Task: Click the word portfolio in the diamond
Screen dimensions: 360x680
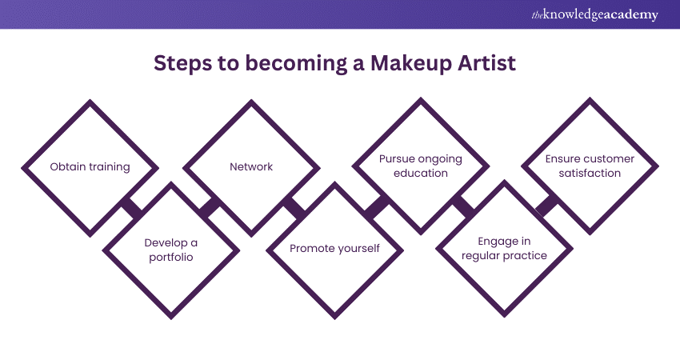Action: [x=170, y=256]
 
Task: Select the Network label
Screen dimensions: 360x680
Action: [x=251, y=167]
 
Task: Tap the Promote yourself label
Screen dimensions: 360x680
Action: [x=334, y=249]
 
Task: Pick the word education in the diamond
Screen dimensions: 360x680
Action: [x=421, y=173]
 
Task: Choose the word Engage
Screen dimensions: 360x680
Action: [x=502, y=241]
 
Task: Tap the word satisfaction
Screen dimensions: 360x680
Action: [x=590, y=173]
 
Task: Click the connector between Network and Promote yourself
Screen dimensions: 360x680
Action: [x=294, y=208]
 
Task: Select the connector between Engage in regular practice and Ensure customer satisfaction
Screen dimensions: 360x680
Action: [x=547, y=206]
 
